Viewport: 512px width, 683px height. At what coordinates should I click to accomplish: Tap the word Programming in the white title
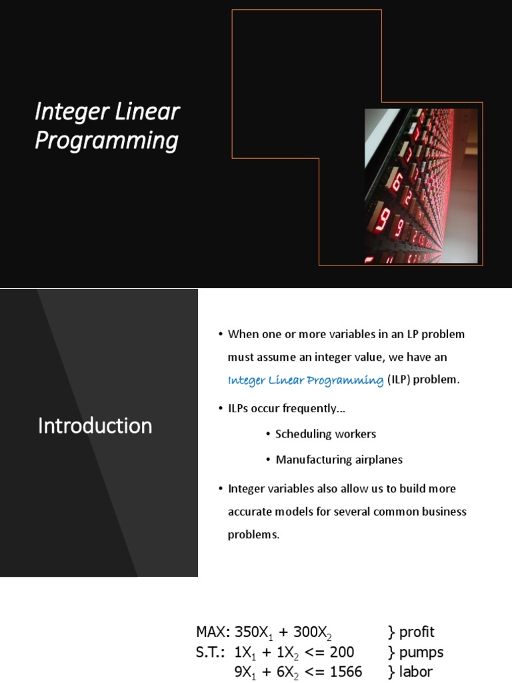107,141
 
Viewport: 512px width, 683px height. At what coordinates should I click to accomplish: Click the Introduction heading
95,426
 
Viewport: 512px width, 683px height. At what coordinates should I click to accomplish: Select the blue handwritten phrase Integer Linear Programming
305,380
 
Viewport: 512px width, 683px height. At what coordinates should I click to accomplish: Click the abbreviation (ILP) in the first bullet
399,380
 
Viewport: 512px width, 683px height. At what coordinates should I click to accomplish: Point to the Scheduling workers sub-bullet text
325,434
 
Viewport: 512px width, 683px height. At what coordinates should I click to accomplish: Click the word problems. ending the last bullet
253,534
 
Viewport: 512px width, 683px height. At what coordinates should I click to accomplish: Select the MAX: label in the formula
213,632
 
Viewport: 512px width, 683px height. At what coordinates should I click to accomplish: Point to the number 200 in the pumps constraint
342,652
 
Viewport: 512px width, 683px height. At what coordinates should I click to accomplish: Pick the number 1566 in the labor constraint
346,672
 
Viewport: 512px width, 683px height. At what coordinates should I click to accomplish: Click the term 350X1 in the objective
253,632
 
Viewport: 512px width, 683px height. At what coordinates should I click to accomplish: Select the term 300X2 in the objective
312,632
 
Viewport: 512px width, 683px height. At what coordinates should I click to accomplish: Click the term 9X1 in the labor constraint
245,672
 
